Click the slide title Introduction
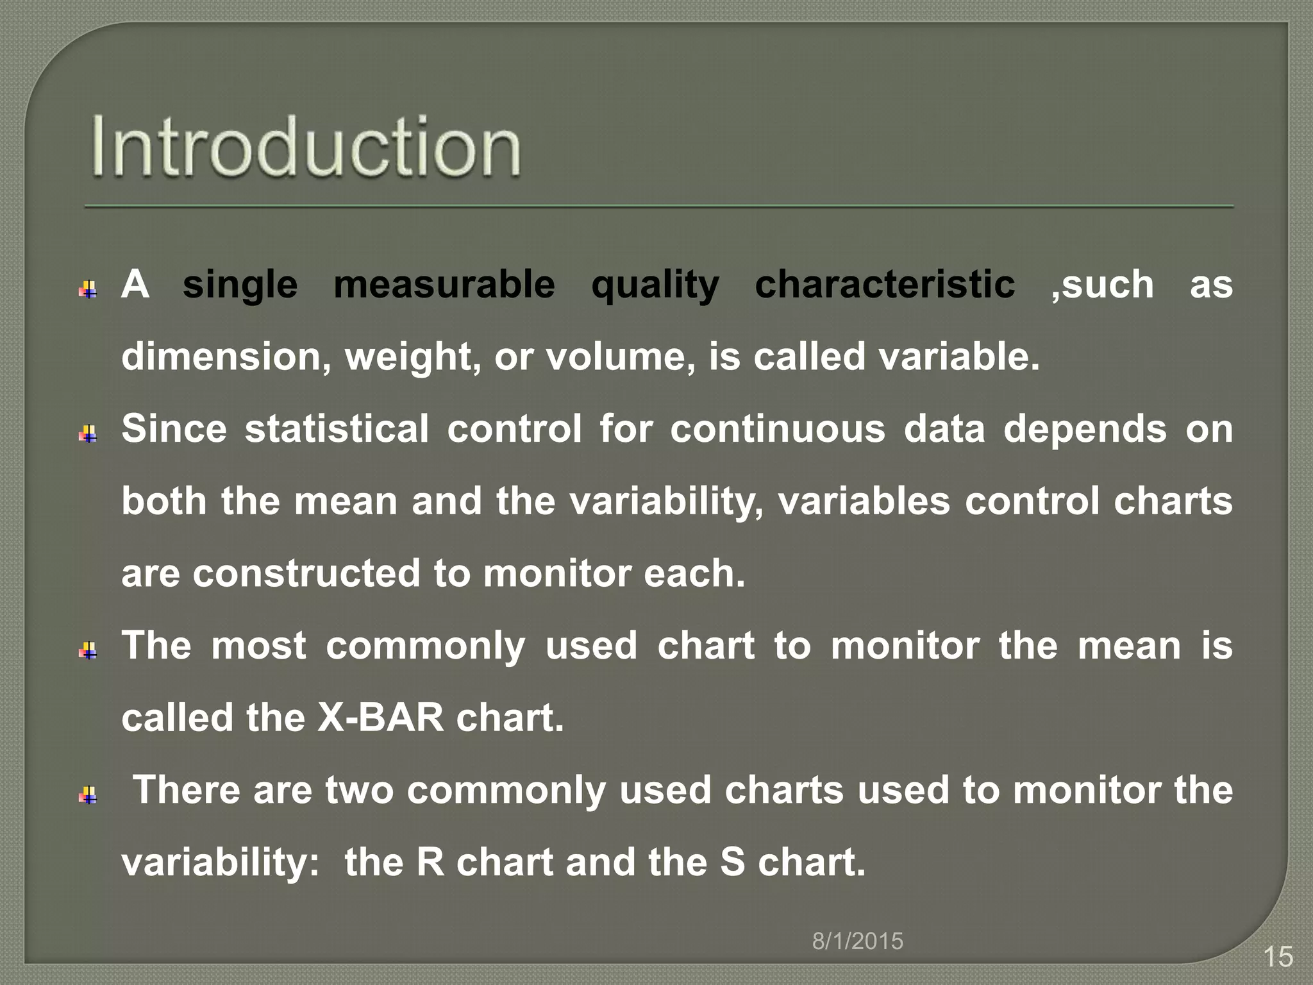point(306,147)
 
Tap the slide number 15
point(1278,957)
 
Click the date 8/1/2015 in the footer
point(858,941)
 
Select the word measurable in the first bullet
point(444,284)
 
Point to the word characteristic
point(885,284)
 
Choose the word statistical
point(337,428)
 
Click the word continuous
point(777,428)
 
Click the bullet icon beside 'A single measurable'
point(88,290)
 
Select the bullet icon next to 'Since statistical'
point(88,435)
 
